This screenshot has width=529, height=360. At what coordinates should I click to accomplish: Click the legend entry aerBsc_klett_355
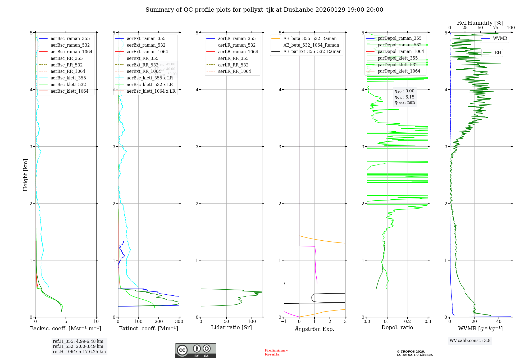(68, 78)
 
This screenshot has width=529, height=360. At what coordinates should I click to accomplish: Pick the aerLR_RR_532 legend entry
(233, 65)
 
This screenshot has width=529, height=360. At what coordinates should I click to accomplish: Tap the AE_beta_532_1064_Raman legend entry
(311, 45)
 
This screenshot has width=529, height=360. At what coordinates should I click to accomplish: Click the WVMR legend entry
(500, 38)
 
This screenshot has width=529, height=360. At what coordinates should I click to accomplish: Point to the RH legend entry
(498, 53)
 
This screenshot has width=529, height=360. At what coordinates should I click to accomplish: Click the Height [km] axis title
(25, 175)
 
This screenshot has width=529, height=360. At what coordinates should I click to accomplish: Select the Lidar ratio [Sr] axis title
(231, 327)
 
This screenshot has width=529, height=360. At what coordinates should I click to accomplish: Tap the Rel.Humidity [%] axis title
(480, 23)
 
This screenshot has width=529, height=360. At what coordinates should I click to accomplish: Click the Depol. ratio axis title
(397, 327)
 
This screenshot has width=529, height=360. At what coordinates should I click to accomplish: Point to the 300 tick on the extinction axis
(179, 322)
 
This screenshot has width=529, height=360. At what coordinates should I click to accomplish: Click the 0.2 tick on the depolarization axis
(408, 322)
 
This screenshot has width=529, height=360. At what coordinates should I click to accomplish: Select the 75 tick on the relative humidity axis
(496, 28)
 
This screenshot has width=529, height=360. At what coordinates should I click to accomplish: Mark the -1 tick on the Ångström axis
(284, 322)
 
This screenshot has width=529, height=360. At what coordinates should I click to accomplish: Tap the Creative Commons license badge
(195, 350)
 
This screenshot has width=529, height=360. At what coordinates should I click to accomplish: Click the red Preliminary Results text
(276, 352)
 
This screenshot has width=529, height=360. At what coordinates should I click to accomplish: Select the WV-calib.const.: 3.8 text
(470, 341)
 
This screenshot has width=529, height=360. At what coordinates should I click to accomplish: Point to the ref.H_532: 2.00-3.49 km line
(78, 346)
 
